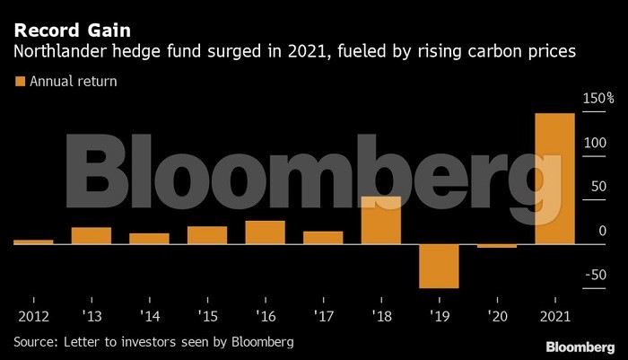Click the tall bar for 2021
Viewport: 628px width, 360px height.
coord(554,178)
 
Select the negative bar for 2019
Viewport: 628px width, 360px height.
coord(439,265)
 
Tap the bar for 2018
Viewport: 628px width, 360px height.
coord(380,220)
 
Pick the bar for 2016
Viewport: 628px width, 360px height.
coord(265,232)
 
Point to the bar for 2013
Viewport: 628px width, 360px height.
coord(92,235)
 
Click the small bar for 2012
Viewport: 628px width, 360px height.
coord(33,241)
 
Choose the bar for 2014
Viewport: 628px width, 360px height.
coord(149,238)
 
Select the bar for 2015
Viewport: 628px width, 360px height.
coord(207,234)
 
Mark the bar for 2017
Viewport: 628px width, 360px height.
coord(323,237)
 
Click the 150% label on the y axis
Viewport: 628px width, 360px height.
coord(597,97)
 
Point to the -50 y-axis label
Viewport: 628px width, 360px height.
coord(595,276)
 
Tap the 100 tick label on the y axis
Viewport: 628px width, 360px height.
coord(594,142)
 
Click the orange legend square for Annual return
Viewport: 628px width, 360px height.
coord(19,82)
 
